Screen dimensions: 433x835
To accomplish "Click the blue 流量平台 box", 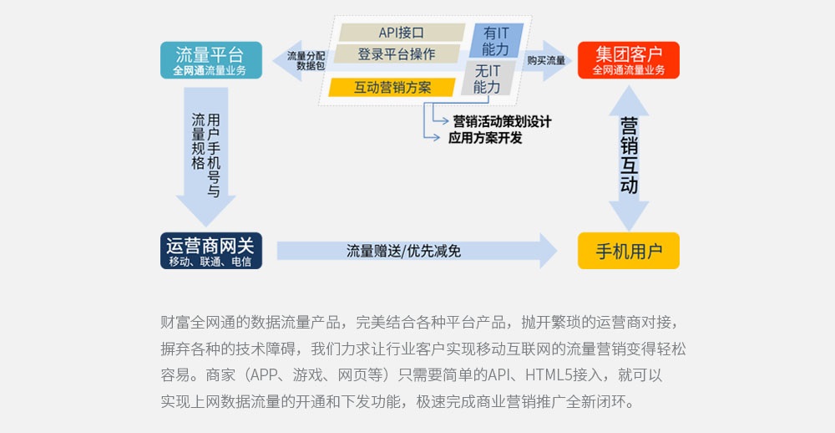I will pos(210,60).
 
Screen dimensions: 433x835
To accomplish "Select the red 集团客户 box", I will pos(628,60).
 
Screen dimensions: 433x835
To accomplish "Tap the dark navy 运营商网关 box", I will pos(210,250).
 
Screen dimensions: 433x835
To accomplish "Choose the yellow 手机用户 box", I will pos(628,250).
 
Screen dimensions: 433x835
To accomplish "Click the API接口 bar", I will pos(401,33).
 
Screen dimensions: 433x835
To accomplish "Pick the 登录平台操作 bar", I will pos(397,54).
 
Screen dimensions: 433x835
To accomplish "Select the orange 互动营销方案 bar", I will pos(392,87).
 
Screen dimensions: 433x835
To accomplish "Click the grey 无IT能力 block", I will pos(488,79).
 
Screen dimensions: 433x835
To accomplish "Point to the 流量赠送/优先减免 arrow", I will pos(415,251).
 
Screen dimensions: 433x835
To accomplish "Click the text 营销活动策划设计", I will pos(501,121).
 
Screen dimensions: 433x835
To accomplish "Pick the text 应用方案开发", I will pos(485,138).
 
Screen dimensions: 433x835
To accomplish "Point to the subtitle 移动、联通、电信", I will pos(210,262).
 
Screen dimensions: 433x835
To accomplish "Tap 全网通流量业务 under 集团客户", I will pos(628,70).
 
